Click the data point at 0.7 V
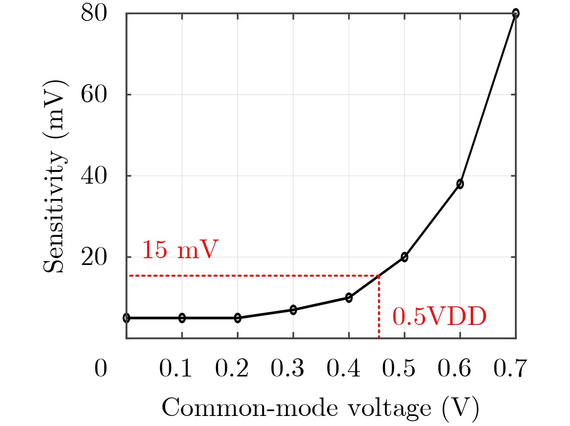tap(515, 14)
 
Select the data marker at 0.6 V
tap(460, 184)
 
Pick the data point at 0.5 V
tap(404, 257)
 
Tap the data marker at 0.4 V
tap(349, 298)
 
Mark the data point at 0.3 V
tap(293, 310)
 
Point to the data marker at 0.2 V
tap(238, 318)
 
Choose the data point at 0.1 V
tap(182, 318)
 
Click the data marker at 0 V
tap(127, 318)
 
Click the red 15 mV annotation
tap(180, 250)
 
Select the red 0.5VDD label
tap(439, 317)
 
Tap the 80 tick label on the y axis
tap(94, 14)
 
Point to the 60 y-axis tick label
tap(94, 95)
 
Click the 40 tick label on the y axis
tap(94, 176)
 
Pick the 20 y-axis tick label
tap(94, 258)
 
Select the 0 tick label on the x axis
tap(101, 368)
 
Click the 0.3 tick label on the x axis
tap(287, 368)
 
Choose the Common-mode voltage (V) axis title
tap(321, 408)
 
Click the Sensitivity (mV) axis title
tap(55, 176)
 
